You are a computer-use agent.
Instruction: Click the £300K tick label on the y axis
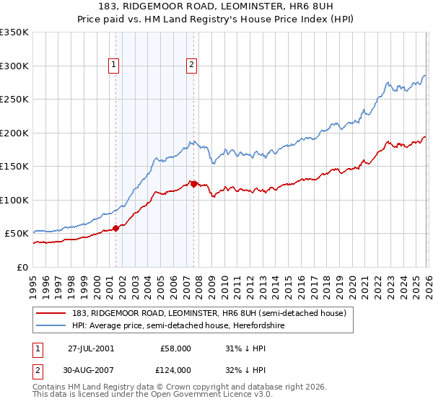pyautogui.click(x=14, y=66)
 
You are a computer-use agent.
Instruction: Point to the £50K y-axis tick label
pyautogui.click(x=17, y=234)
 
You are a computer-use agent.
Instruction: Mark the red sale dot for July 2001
pyautogui.click(x=116, y=229)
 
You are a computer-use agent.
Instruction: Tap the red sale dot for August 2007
pyautogui.click(x=193, y=184)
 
